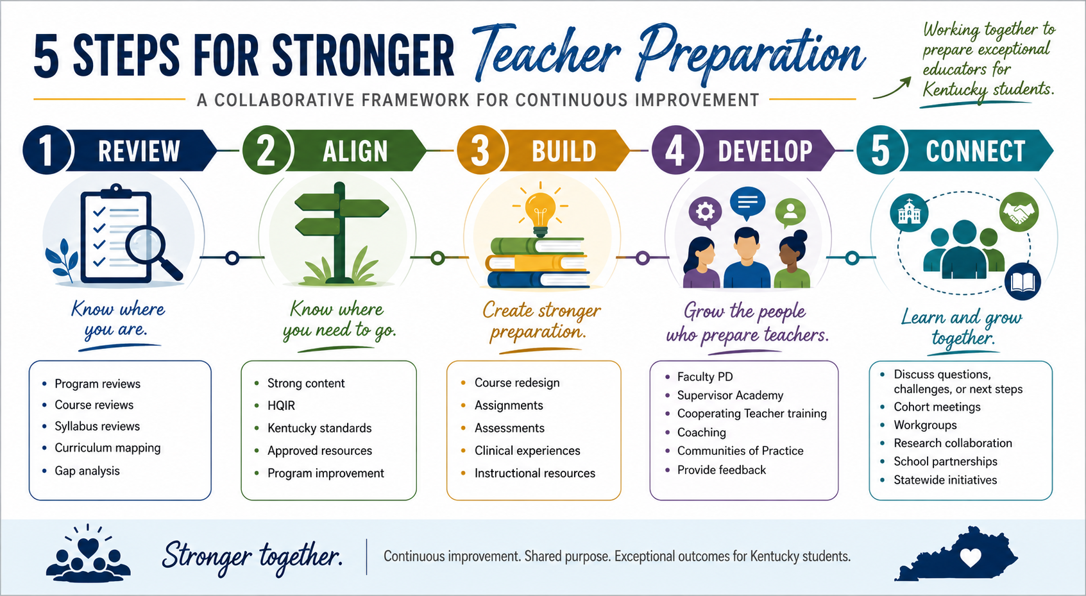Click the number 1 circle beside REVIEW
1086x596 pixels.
click(46, 150)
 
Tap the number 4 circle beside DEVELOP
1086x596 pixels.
click(674, 150)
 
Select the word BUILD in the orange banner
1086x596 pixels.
click(564, 151)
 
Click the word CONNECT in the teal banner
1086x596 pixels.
click(976, 151)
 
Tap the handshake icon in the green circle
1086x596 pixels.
click(1019, 212)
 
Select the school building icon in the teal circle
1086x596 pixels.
click(909, 214)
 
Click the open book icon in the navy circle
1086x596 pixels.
click(1023, 281)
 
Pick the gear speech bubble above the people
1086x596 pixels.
click(705, 213)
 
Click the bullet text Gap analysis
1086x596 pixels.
click(87, 471)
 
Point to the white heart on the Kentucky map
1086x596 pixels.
click(971, 558)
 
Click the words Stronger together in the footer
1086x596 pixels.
click(252, 556)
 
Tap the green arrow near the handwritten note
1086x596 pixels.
click(892, 88)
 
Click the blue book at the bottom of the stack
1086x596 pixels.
click(538, 280)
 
